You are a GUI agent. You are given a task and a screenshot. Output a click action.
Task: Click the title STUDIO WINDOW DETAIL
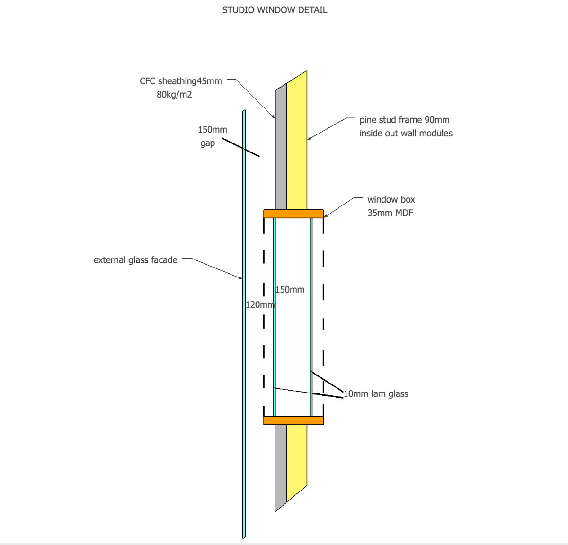(x=275, y=10)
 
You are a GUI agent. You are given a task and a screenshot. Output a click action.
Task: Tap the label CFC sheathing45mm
(x=180, y=81)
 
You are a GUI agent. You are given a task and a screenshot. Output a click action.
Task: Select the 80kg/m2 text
(x=174, y=94)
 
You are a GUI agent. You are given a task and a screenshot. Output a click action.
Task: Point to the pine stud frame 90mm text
(x=404, y=120)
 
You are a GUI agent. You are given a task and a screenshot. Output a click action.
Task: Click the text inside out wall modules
(x=406, y=133)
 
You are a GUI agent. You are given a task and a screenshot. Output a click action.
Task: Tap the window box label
(x=391, y=199)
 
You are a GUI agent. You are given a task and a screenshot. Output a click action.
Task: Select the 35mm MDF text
(x=390, y=213)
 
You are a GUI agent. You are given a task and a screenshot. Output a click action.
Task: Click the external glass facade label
(x=135, y=259)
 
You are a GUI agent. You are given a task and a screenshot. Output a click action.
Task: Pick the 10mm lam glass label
(x=376, y=393)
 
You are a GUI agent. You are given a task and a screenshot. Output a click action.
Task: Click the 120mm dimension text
(x=260, y=304)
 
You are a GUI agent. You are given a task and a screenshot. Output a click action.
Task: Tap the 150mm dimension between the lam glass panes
(x=290, y=289)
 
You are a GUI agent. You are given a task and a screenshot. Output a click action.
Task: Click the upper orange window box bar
(x=293, y=214)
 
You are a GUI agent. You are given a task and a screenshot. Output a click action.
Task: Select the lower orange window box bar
(x=293, y=420)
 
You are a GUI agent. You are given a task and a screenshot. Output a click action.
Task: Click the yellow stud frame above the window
(x=297, y=142)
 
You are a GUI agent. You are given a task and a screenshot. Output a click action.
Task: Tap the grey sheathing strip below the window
(x=281, y=464)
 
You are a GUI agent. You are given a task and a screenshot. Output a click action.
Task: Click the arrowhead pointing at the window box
(x=326, y=216)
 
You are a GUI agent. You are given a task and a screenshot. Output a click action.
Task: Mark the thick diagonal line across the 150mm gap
(x=240, y=147)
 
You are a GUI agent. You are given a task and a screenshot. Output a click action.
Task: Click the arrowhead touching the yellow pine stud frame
(x=309, y=139)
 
